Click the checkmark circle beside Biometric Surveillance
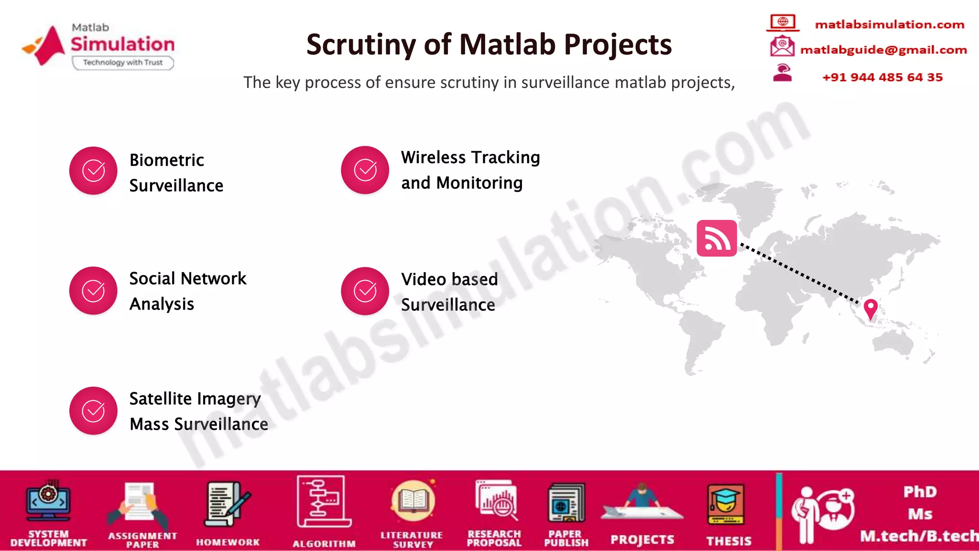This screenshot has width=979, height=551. click(93, 171)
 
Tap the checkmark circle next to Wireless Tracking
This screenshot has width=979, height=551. click(365, 170)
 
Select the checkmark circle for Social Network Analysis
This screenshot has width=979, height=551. click(93, 290)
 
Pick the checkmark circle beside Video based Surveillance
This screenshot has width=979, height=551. click(365, 291)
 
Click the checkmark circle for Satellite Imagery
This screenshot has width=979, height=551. click(93, 410)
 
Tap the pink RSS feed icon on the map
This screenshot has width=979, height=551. click(717, 238)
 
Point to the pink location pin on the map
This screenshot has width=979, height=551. click(870, 309)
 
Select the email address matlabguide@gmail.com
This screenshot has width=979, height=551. click(883, 50)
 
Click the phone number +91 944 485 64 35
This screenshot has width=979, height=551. click(882, 77)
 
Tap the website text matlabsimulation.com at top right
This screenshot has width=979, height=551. click(889, 24)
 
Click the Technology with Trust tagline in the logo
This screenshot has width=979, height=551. click(123, 63)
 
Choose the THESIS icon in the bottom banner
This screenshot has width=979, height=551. click(726, 505)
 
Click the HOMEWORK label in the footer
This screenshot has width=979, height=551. click(228, 542)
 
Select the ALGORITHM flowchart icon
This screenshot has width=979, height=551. click(323, 501)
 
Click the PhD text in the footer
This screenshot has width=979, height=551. click(920, 492)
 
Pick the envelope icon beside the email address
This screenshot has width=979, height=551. click(782, 46)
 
